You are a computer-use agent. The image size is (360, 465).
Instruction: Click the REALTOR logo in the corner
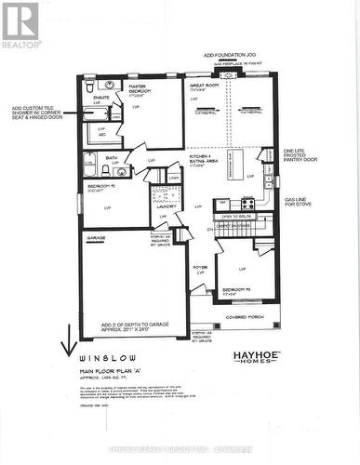tap(20, 25)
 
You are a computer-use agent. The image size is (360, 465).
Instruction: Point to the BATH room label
tap(111, 158)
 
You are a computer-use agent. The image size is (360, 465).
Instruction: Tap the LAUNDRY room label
tap(167, 207)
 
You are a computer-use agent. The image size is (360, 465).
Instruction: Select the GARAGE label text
tap(97, 238)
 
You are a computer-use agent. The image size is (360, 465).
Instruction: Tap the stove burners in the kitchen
tap(248, 203)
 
